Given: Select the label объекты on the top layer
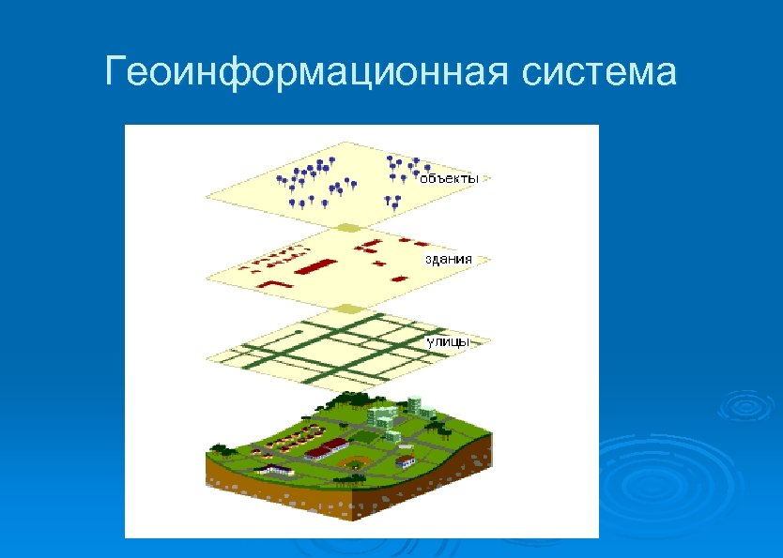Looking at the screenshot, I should pyautogui.click(x=449, y=177).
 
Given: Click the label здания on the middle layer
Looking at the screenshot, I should pyautogui.click(x=448, y=258).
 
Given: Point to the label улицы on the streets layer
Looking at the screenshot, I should pyautogui.click(x=447, y=342).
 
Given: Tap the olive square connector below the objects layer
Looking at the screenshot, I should pyautogui.click(x=348, y=228).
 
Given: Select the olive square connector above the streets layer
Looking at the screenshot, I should pyautogui.click(x=348, y=309).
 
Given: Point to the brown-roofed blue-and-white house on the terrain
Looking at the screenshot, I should pyautogui.click(x=405, y=460).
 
